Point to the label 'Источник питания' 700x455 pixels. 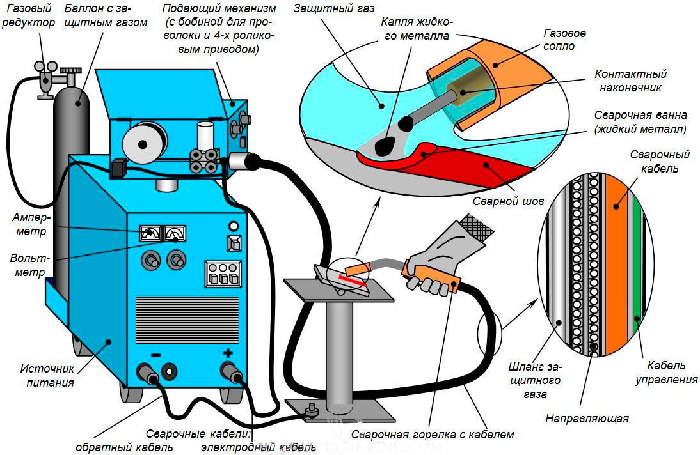coord(47,376)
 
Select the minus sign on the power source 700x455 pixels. coord(156,355)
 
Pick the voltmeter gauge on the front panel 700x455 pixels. coord(173,235)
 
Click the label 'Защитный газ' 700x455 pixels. coord(333,8)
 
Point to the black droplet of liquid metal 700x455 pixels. coord(385,146)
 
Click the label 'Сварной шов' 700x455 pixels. coord(508,201)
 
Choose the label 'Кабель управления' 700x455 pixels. coord(666,373)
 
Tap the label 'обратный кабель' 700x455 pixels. coord(124,447)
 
